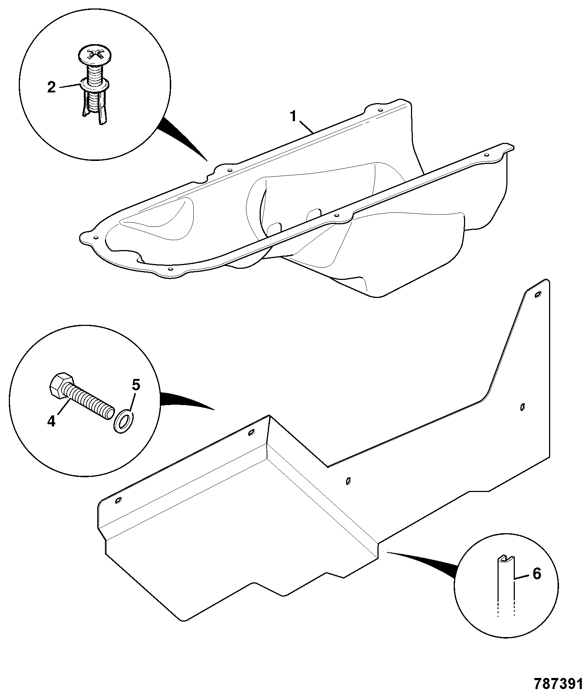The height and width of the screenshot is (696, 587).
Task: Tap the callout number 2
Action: point(52,87)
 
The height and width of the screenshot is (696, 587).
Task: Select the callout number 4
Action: point(51,421)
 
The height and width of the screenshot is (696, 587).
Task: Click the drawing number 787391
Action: point(559,683)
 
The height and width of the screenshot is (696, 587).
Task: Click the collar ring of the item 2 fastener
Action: point(94,85)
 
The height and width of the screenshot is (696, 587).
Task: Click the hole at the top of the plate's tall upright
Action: point(538,294)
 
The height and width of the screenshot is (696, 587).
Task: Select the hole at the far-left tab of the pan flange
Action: point(96,238)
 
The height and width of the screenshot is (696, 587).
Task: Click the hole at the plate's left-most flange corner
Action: point(118,500)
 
